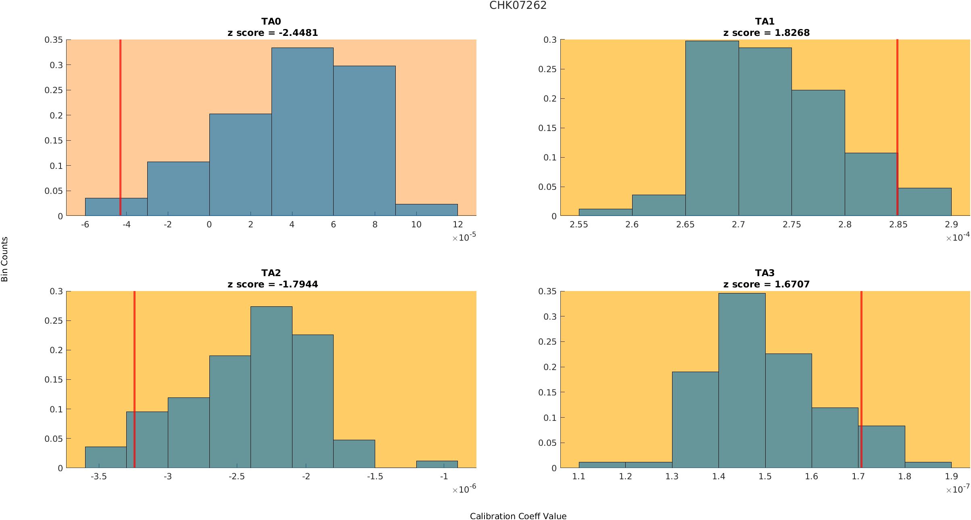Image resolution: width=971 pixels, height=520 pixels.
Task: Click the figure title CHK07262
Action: click(518, 5)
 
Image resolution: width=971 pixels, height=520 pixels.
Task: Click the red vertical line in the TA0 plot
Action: click(120, 121)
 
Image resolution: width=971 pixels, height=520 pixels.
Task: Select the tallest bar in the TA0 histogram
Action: click(302, 133)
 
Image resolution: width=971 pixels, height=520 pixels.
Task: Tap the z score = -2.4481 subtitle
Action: click(273, 33)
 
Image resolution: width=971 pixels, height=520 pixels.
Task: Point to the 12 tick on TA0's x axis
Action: click(457, 225)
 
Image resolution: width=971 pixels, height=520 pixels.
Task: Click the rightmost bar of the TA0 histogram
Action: click(426, 210)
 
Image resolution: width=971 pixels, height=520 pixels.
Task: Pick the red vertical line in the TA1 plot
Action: click(897, 101)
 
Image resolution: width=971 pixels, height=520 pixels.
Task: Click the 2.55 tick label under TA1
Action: click(578, 225)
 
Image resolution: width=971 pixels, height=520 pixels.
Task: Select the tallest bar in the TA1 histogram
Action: click(712, 129)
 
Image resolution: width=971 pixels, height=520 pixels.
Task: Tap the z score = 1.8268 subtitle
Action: click(766, 33)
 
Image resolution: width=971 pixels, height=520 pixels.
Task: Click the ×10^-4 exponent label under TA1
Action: click(958, 237)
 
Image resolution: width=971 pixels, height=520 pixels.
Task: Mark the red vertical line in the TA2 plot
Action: click(134, 363)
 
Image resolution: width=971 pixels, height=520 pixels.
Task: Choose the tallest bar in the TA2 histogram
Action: click(271, 387)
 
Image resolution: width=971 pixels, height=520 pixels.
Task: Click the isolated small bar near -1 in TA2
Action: click(437, 464)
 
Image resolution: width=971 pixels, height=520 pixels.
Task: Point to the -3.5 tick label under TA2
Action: click(98, 476)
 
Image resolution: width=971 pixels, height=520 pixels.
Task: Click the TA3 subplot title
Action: click(765, 273)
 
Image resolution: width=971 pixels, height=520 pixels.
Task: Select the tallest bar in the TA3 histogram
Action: click(741, 381)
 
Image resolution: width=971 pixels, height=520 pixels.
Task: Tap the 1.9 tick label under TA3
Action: click(951, 476)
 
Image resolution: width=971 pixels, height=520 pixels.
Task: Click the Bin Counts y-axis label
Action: click(5, 259)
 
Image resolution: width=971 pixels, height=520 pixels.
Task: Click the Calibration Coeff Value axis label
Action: click(518, 516)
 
